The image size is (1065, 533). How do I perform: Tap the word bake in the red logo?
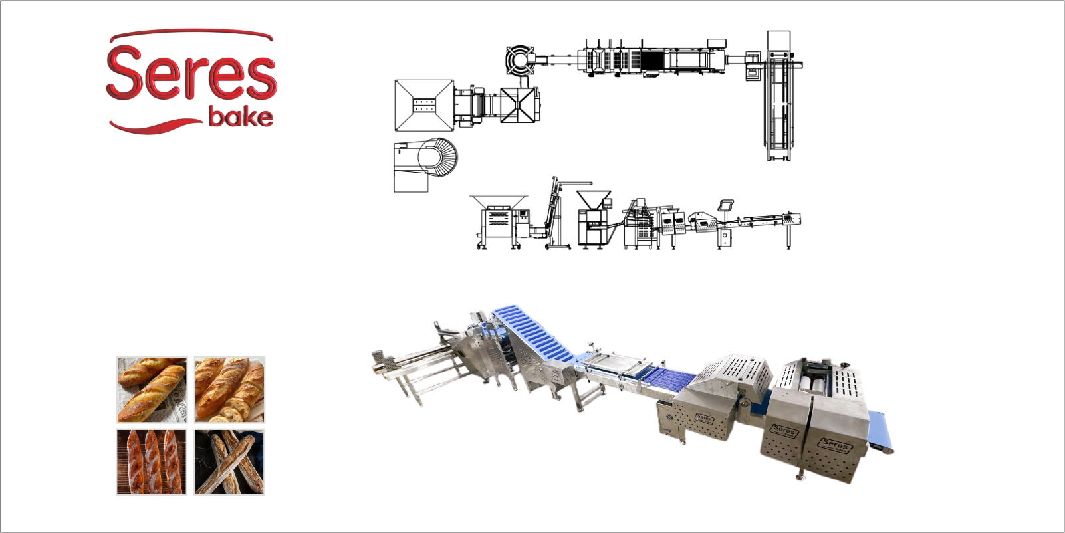click(241, 117)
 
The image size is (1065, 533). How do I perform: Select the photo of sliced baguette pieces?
click(229, 390)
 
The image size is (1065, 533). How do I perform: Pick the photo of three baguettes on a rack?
click(152, 462)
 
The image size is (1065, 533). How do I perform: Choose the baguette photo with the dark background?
click(229, 462)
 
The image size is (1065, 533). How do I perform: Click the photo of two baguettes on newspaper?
click(152, 390)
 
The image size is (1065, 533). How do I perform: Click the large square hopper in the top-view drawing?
click(424, 105)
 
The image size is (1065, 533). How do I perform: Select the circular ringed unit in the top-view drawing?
click(520, 60)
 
